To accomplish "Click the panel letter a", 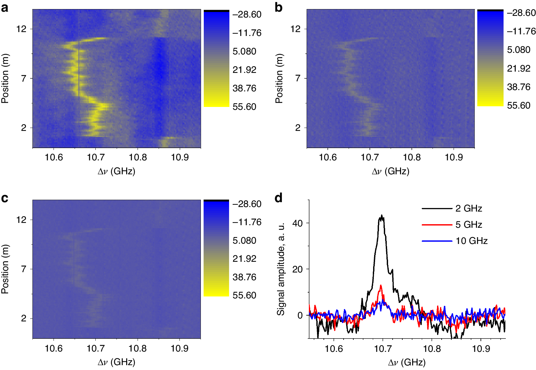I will (x=5, y=7).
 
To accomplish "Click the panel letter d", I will (x=278, y=198).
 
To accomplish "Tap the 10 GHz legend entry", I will (x=471, y=241).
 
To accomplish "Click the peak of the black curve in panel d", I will (x=382, y=215).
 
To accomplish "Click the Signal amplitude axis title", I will (x=281, y=269).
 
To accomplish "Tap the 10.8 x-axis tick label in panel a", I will (x=138, y=157).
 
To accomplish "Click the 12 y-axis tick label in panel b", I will (x=296, y=29).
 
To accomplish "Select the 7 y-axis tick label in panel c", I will (x=24, y=269).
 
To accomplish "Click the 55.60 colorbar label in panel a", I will (x=244, y=107).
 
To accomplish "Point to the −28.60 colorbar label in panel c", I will (x=247, y=204).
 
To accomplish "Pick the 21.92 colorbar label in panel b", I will (x=518, y=68).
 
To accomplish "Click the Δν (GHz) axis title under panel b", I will (x=391, y=171).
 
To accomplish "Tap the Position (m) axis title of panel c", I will (x=5, y=269).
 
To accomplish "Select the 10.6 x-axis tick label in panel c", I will (x=54, y=349).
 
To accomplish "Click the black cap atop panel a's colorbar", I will (x=216, y=11).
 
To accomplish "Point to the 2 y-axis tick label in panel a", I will (x=24, y=128).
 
